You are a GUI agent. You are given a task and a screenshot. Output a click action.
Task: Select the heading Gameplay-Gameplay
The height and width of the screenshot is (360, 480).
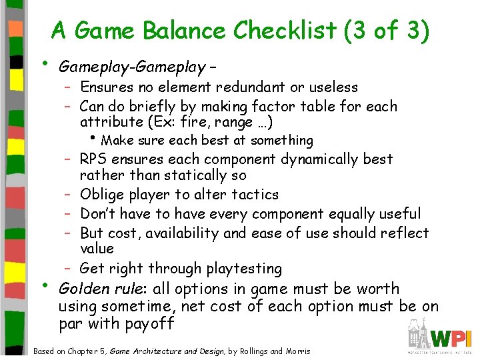(x=132, y=67)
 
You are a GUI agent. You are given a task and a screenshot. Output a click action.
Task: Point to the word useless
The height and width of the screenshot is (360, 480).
(x=334, y=87)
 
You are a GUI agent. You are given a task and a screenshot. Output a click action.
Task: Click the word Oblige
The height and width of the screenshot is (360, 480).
(x=101, y=195)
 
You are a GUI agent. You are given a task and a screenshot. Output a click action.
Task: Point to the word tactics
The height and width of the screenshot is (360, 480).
(x=253, y=195)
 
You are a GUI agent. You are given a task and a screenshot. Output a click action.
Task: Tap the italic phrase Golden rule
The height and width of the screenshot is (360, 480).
(x=97, y=289)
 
